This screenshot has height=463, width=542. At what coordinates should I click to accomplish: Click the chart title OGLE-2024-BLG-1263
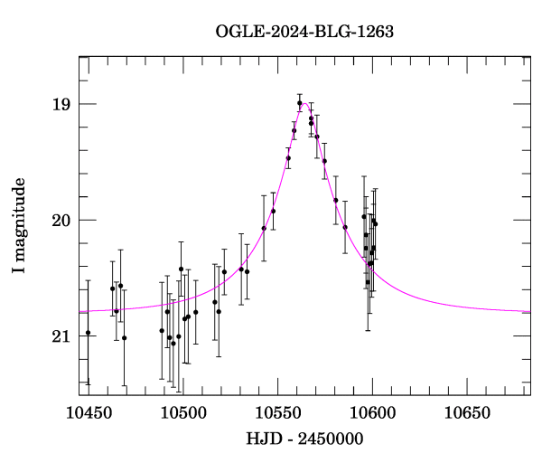click(x=304, y=32)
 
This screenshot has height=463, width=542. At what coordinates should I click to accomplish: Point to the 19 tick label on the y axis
click(x=61, y=104)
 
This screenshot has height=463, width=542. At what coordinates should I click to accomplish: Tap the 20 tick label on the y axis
click(x=61, y=220)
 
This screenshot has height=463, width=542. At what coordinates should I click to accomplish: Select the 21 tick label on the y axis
click(x=61, y=336)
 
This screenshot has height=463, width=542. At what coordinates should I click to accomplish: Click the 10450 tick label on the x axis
click(x=88, y=413)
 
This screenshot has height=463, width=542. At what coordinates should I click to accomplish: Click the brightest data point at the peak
click(x=299, y=103)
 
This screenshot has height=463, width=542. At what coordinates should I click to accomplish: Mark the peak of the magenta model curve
click(x=304, y=103)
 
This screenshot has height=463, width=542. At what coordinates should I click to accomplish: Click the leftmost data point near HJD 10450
click(x=88, y=333)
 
